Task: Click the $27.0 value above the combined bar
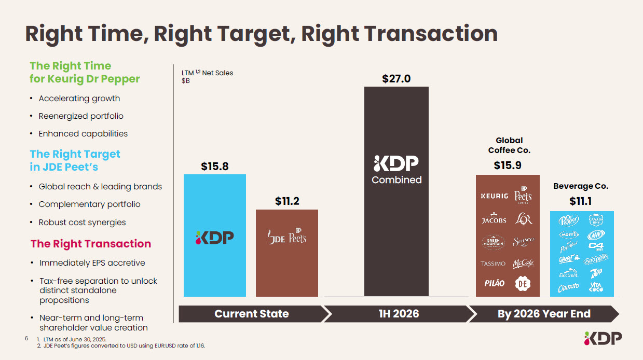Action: (x=396, y=79)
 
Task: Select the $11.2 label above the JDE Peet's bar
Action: (x=287, y=201)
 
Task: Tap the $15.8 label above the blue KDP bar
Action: (x=215, y=167)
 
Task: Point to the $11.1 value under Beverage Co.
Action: (x=581, y=201)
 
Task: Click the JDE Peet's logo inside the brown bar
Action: (x=287, y=237)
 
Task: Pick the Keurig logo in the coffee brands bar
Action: (x=494, y=196)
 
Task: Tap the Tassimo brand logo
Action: (x=494, y=264)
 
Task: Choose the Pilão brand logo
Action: (x=494, y=283)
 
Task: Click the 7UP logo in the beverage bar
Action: (x=595, y=273)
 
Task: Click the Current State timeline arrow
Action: (x=252, y=314)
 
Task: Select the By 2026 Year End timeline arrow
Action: (x=544, y=314)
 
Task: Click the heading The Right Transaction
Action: (x=91, y=244)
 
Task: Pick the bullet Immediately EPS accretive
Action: (x=92, y=263)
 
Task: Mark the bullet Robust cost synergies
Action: (x=82, y=223)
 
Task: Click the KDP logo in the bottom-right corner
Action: (x=603, y=339)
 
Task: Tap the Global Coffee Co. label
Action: (x=509, y=145)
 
